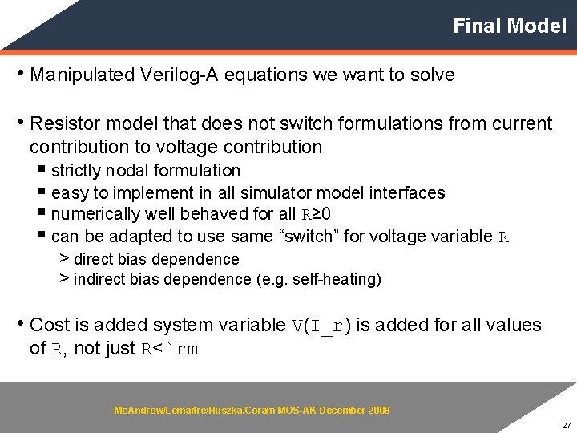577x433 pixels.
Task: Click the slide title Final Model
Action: pyautogui.click(x=509, y=26)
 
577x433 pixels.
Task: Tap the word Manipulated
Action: pyautogui.click(x=83, y=75)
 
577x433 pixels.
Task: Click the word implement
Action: pyautogui.click(x=152, y=193)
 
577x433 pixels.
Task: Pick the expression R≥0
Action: pyautogui.click(x=317, y=215)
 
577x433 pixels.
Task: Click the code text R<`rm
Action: pyautogui.click(x=170, y=349)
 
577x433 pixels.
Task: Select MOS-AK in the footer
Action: pyautogui.click(x=297, y=411)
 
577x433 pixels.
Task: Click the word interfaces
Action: pyautogui.click(x=408, y=193)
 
